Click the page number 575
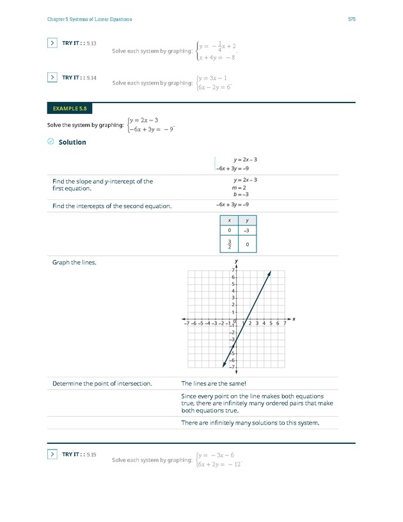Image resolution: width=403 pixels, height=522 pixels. pyautogui.click(x=352, y=19)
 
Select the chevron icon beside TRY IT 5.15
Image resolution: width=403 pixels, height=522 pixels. pyautogui.click(x=52, y=454)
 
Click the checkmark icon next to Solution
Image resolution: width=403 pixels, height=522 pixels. pyautogui.click(x=51, y=142)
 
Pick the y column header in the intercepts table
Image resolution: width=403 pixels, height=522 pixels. pyautogui.click(x=247, y=220)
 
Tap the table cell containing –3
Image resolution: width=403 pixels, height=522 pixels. pyautogui.click(x=247, y=230)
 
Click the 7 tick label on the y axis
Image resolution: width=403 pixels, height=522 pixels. pyautogui.click(x=233, y=270)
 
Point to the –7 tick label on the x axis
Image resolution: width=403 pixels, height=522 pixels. pyautogui.click(x=186, y=324)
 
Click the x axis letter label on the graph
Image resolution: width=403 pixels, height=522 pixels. pyautogui.click(x=294, y=318)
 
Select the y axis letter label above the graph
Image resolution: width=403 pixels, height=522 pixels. pyautogui.click(x=236, y=261)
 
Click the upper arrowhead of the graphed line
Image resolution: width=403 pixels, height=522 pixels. pyautogui.click(x=269, y=273)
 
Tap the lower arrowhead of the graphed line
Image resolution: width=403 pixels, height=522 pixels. pyautogui.click(x=224, y=364)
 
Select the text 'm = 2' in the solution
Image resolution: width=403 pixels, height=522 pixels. pyautogui.click(x=240, y=187)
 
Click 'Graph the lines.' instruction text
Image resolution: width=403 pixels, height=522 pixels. pyautogui.click(x=74, y=262)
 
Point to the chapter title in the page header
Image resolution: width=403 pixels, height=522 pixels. pyautogui.click(x=90, y=19)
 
